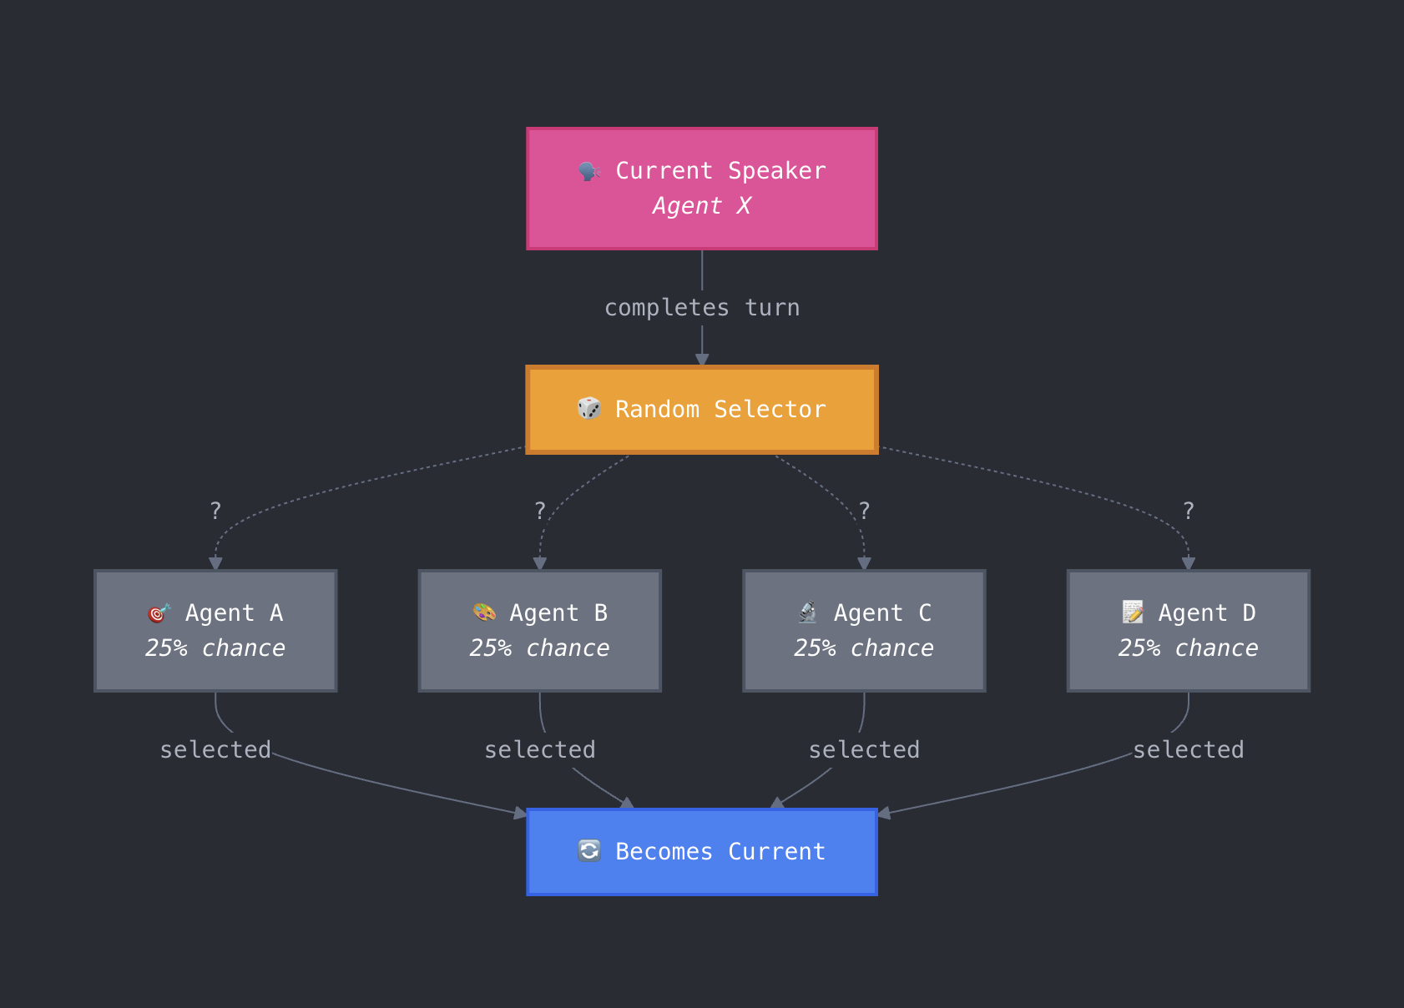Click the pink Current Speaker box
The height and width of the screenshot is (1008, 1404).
(x=701, y=189)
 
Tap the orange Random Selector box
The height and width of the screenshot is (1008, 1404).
(x=701, y=410)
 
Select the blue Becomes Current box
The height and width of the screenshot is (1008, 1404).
(x=701, y=852)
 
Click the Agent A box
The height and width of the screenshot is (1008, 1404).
(x=215, y=631)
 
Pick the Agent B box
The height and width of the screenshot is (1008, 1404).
(x=539, y=631)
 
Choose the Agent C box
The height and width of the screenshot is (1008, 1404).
(x=864, y=631)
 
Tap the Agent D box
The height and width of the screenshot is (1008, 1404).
(x=1188, y=631)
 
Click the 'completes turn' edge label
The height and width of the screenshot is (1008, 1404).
(x=701, y=308)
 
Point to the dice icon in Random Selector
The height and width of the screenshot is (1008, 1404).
(x=589, y=409)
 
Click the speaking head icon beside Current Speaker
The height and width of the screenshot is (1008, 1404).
(x=589, y=171)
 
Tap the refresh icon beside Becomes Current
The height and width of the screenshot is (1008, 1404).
(x=589, y=851)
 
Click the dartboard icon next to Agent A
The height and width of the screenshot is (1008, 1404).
(x=159, y=613)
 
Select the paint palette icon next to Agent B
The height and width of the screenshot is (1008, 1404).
(x=484, y=612)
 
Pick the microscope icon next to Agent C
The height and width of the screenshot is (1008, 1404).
(x=808, y=612)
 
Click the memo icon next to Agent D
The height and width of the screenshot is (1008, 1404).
(x=1133, y=612)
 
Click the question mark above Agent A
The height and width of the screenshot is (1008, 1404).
(x=215, y=511)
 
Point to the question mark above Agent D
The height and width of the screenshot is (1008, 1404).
(x=1189, y=511)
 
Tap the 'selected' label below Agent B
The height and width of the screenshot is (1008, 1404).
(x=540, y=750)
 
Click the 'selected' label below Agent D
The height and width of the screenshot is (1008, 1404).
(x=1188, y=750)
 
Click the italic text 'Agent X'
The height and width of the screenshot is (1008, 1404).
(x=701, y=206)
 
